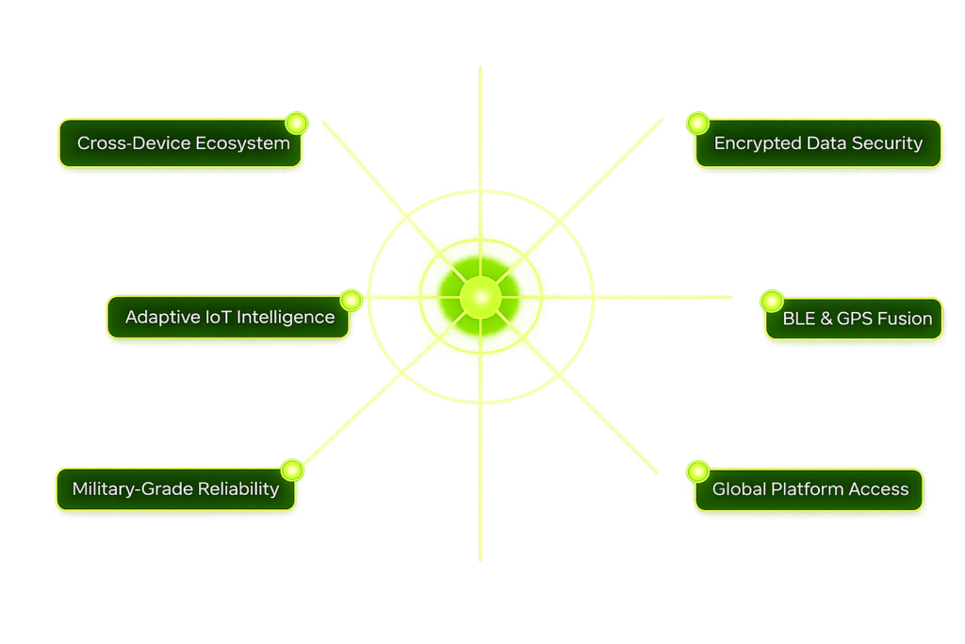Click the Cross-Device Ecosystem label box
[x=180, y=142]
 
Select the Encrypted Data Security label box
[x=818, y=142]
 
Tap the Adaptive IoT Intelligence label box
[x=228, y=317]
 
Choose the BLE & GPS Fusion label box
[x=854, y=319]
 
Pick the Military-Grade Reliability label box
[x=176, y=488]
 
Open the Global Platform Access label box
[x=809, y=489]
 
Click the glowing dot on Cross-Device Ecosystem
[x=297, y=124]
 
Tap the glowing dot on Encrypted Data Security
[x=698, y=124]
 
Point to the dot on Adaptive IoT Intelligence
[x=351, y=300]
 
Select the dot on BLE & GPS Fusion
[x=772, y=301]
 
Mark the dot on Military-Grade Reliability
[x=292, y=471]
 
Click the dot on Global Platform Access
[x=698, y=471]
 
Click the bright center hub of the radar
[x=481, y=297]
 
